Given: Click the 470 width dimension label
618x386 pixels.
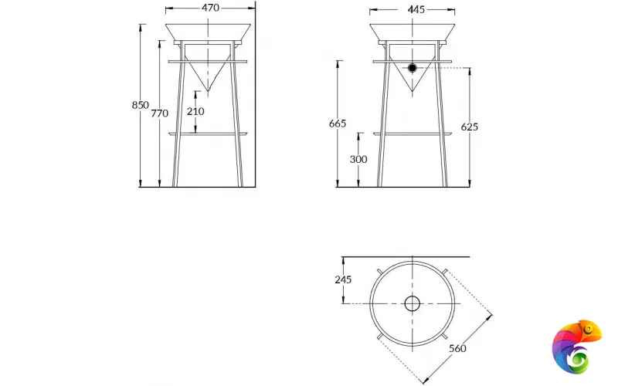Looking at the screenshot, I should click(x=210, y=8).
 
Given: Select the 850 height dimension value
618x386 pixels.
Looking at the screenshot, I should click(x=140, y=105).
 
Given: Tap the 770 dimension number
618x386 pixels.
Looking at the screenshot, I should click(x=159, y=113).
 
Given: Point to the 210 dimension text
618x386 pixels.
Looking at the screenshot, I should click(x=195, y=111).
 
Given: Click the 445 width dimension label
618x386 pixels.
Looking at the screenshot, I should click(x=416, y=9).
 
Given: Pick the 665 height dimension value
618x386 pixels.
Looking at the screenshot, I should click(x=337, y=124).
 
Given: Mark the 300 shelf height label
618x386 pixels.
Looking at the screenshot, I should click(x=358, y=159).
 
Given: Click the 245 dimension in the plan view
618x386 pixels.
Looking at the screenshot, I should click(x=343, y=279).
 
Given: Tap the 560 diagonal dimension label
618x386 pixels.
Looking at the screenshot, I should click(x=457, y=348).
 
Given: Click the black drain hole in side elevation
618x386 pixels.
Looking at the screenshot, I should click(x=413, y=68).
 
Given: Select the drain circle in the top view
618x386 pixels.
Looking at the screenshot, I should click(x=412, y=303).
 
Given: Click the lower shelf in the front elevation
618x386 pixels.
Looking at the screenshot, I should click(x=208, y=134).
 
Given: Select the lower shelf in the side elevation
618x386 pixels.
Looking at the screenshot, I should click(x=412, y=134).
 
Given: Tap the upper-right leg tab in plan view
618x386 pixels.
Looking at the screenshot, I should click(x=446, y=270).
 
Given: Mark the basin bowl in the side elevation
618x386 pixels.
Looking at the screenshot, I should click(x=412, y=32).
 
